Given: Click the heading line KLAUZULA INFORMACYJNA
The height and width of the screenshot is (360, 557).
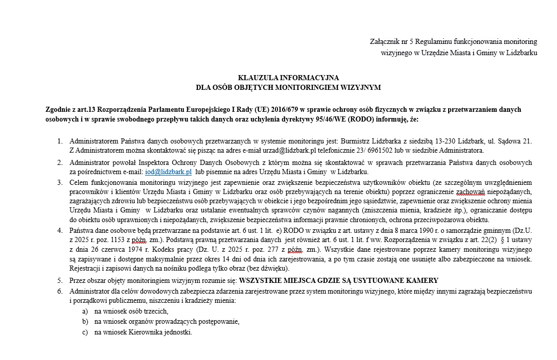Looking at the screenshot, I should tap(288, 78).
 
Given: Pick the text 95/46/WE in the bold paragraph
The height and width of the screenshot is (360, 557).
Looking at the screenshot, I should tap(345, 119).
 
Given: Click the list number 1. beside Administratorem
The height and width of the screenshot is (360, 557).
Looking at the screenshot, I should tap(60, 141).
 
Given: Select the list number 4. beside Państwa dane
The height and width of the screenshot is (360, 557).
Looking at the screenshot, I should tap(60, 231).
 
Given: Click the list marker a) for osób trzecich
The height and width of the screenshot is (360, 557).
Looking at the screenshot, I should tap(85, 311).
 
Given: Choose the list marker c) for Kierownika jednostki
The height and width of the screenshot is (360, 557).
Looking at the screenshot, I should tap(85, 332).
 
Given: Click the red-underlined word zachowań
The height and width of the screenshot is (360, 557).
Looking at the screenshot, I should tap(471, 192).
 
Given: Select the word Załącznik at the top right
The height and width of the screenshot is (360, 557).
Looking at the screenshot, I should tap(385, 41).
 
